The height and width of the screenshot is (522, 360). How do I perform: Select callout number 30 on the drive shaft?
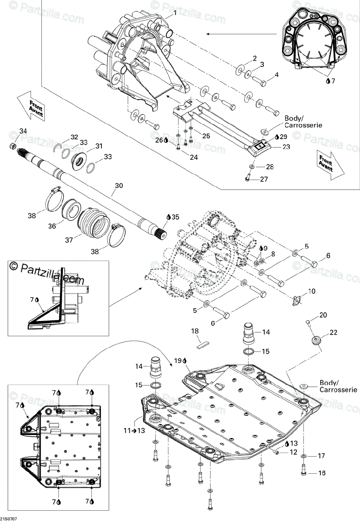[x=119, y=186]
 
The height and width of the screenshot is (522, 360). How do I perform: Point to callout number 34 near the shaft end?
[x=23, y=131]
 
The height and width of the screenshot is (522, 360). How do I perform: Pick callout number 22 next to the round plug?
[x=333, y=333]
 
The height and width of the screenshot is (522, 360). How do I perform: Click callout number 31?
[x=99, y=146]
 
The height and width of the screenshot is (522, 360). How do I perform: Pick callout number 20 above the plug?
[x=323, y=315]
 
